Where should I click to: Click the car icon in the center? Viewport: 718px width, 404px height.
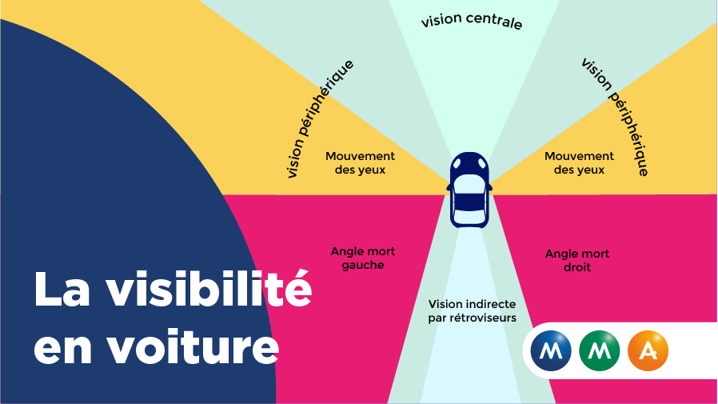(470, 189)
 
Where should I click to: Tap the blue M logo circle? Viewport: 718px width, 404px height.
(551, 350)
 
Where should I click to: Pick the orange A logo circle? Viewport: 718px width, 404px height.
(648, 350)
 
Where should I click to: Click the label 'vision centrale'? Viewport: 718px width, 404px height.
(472, 21)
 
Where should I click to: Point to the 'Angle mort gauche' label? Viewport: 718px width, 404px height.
(363, 258)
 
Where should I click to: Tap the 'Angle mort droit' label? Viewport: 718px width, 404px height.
(577, 260)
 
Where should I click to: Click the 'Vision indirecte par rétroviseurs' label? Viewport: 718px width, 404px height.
(472, 310)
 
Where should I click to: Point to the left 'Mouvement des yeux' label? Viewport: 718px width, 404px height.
(361, 163)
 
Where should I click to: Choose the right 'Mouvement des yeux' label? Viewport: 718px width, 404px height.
(579, 163)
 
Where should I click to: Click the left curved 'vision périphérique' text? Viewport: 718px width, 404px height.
(319, 117)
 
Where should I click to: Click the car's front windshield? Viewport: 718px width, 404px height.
(470, 178)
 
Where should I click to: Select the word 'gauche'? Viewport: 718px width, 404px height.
(363, 265)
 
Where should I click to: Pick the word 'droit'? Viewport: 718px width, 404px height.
(577, 267)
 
